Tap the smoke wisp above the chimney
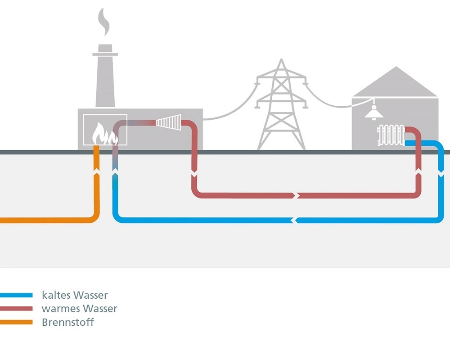104,22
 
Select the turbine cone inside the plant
169,122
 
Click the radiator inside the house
391,135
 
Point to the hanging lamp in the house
373,113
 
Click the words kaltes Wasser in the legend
75,296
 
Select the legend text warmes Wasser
79,309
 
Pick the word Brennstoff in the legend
68,322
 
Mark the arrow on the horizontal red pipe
296,195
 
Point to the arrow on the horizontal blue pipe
294,220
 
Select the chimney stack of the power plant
105,76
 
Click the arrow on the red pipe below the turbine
194,174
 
